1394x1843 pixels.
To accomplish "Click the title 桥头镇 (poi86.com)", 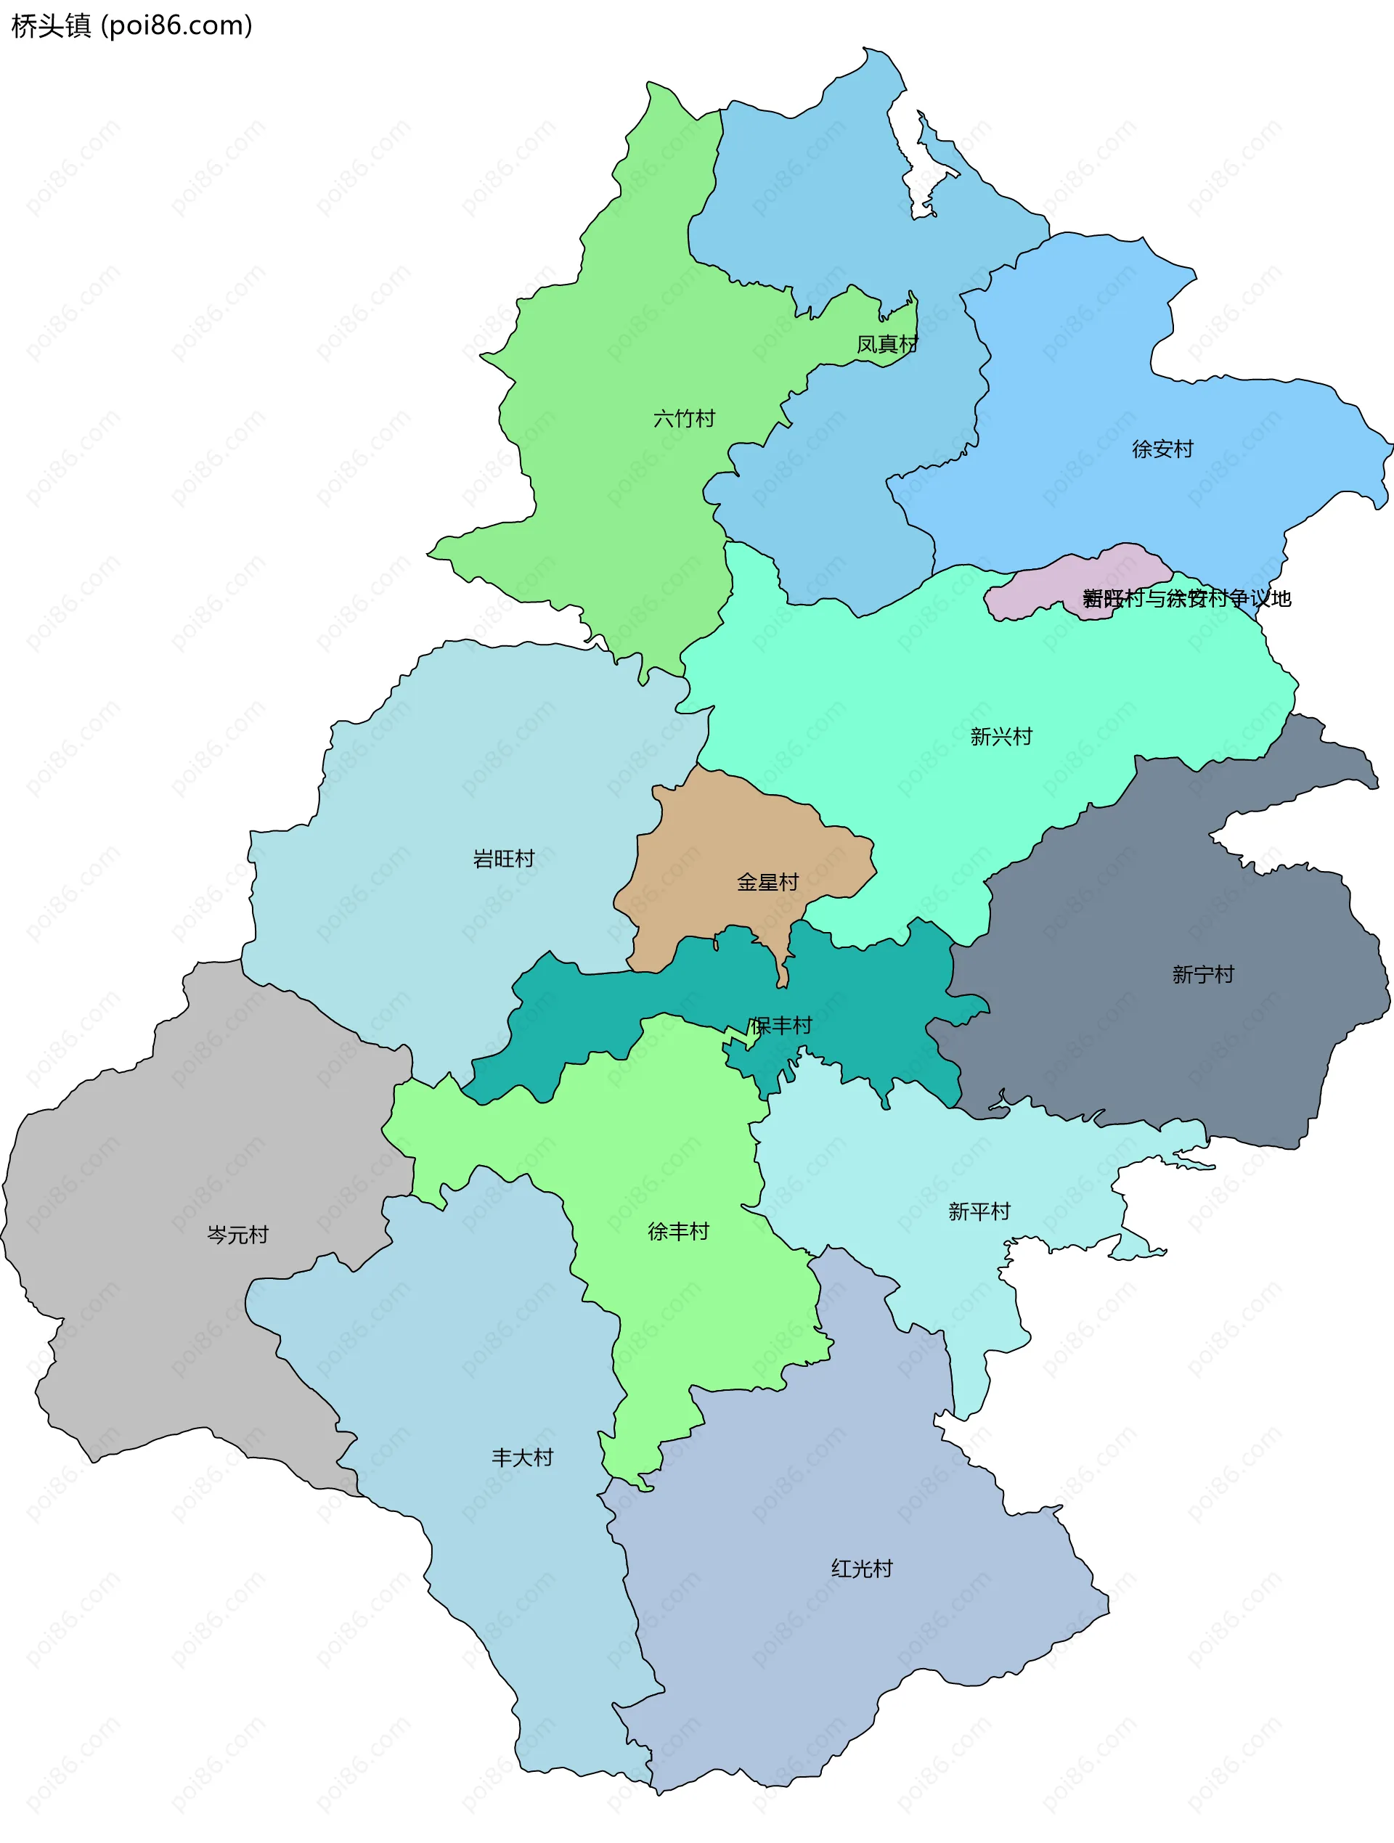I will click(131, 26).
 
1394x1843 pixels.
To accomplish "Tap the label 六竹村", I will click(684, 418).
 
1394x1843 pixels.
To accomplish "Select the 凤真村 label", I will click(886, 344).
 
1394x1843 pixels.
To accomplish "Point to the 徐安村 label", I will click(1162, 449).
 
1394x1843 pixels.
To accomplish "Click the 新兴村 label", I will click(1000, 737).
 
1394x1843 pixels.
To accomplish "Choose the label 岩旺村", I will click(503, 858).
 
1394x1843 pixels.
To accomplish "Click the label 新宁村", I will click(1202, 974).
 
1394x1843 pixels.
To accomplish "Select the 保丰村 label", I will click(780, 1026).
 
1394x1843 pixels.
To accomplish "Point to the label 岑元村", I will click(237, 1235).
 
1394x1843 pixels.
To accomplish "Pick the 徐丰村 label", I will click(678, 1231).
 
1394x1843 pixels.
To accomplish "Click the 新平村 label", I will click(979, 1211).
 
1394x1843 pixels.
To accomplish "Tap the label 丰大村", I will click(523, 1458).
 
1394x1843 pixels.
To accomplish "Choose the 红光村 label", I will click(862, 1569).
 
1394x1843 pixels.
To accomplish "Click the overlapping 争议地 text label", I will click(1186, 598).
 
